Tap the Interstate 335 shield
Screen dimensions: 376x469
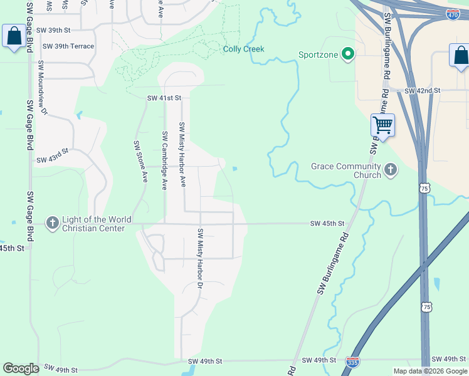(352, 362)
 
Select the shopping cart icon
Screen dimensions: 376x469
(382, 125)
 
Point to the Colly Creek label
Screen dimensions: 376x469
(244, 49)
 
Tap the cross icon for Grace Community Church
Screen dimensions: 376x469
(391, 170)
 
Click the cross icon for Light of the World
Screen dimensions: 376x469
(52, 222)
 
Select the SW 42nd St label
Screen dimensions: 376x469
(423, 91)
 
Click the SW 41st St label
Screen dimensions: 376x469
(164, 98)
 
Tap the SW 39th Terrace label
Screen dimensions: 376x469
(68, 46)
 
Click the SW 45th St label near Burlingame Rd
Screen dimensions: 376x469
(328, 224)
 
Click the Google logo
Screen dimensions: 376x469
(21, 368)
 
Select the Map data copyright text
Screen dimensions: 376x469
(430, 371)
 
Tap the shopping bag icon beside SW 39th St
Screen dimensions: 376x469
(14, 36)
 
